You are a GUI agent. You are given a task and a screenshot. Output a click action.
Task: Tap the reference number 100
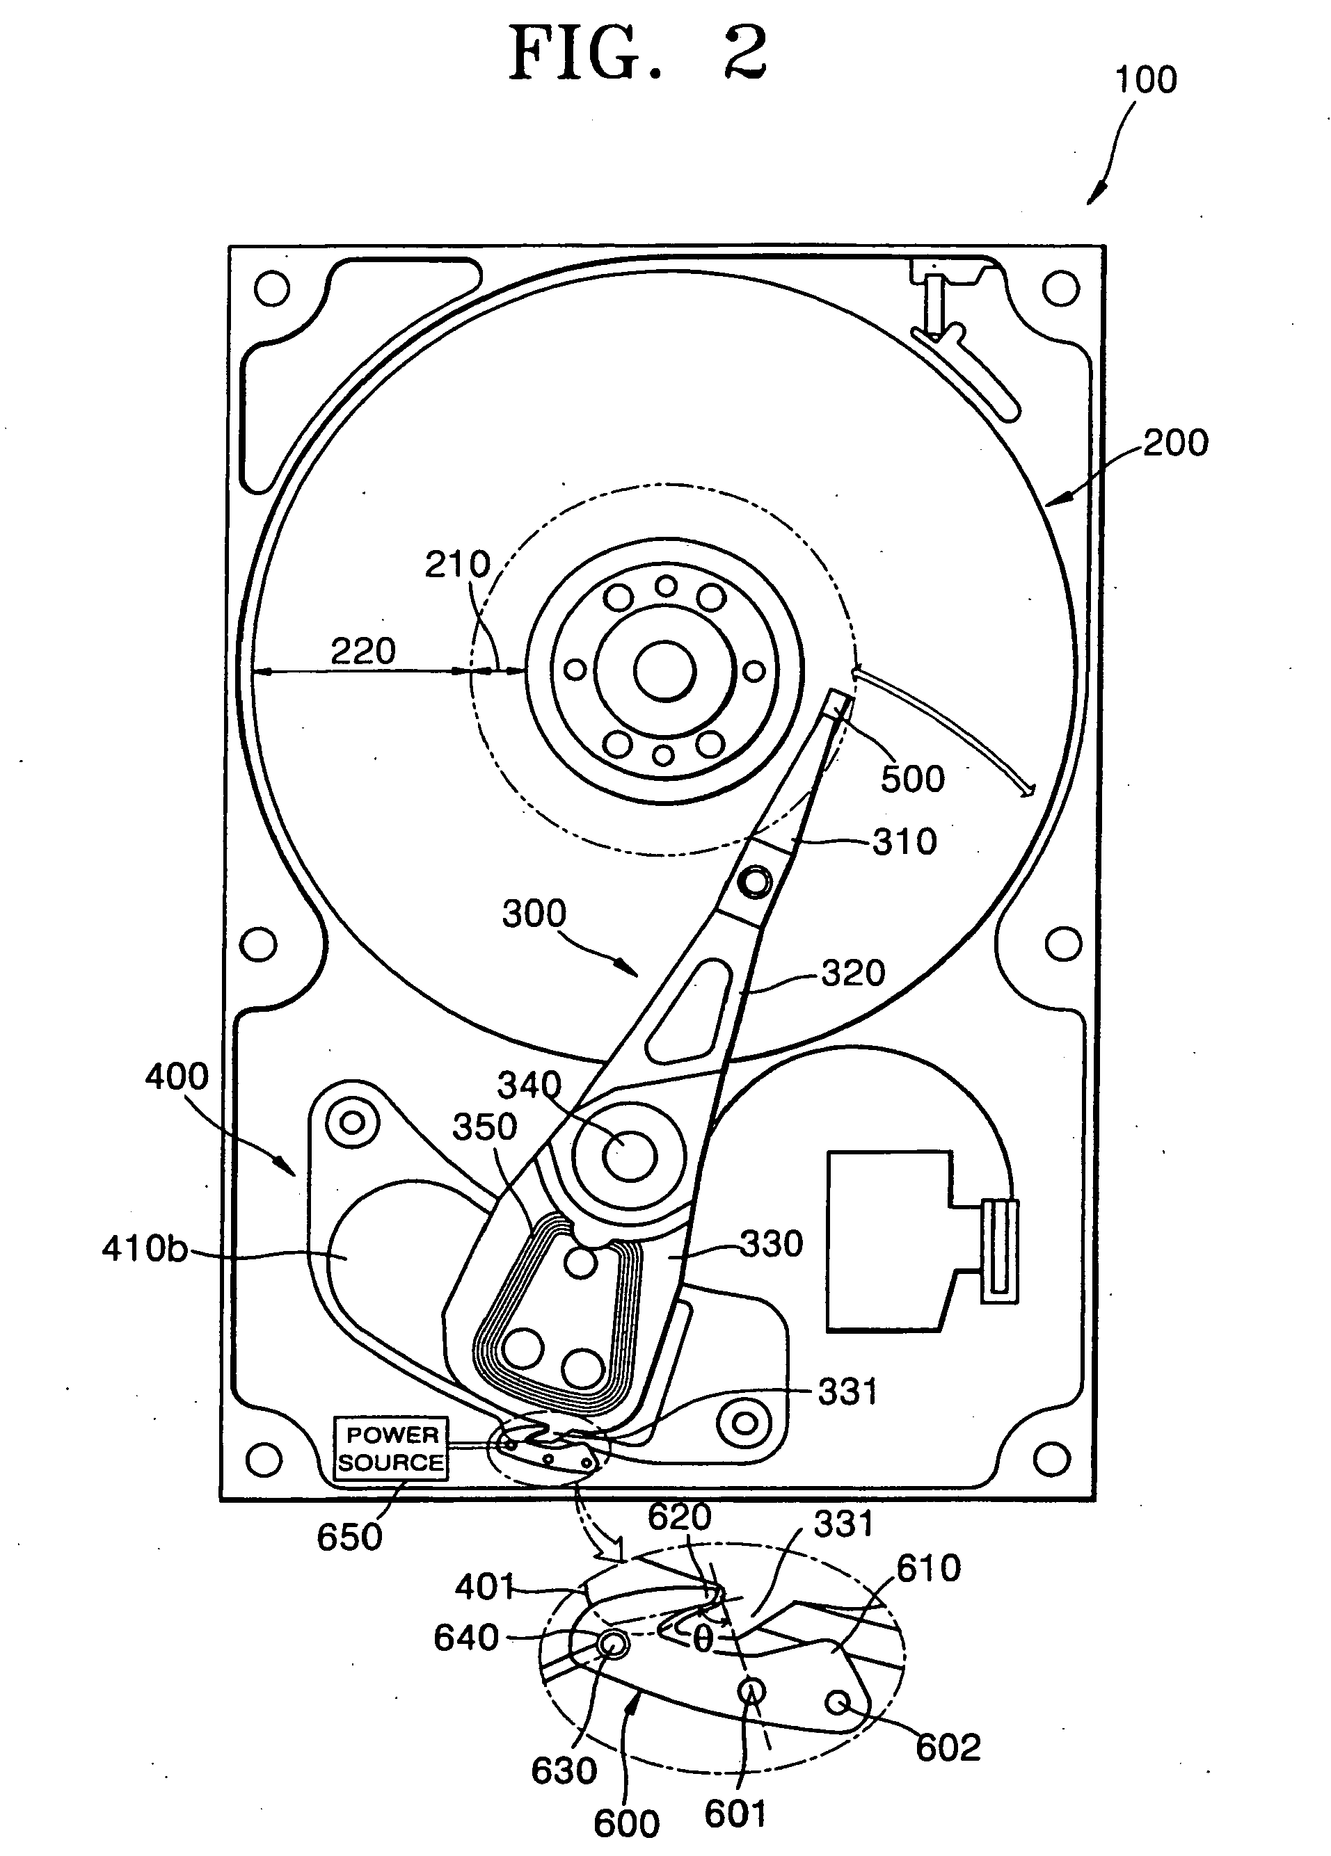pos(1146,79)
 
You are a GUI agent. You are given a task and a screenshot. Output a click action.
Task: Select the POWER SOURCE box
pos(391,1449)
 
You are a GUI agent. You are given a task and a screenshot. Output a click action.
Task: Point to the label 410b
pos(145,1250)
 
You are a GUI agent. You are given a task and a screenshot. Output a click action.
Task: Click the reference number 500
pos(913,778)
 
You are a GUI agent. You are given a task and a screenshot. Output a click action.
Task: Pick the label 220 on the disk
pos(362,652)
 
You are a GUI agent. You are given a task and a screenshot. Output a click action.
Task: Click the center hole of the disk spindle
pos(664,670)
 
